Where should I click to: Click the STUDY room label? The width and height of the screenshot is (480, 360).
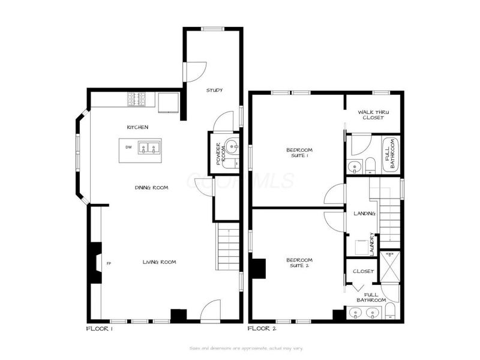pyautogui.click(x=214, y=90)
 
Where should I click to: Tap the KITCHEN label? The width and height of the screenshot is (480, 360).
pyautogui.click(x=137, y=127)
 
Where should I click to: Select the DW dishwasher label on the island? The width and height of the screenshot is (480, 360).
pyautogui.click(x=128, y=147)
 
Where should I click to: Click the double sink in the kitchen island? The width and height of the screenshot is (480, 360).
pyautogui.click(x=148, y=147)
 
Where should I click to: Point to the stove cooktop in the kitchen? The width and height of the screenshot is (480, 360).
pyautogui.click(x=136, y=98)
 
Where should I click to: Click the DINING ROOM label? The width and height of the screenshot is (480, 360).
pyautogui.click(x=151, y=188)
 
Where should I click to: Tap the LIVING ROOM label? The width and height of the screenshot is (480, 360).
pyautogui.click(x=159, y=262)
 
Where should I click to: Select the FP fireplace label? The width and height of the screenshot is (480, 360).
pyautogui.click(x=109, y=263)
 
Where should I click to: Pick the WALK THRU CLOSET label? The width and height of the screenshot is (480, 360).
pyautogui.click(x=371, y=115)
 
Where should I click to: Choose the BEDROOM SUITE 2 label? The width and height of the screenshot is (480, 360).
pyautogui.click(x=298, y=262)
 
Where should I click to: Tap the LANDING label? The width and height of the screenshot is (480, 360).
pyautogui.click(x=364, y=213)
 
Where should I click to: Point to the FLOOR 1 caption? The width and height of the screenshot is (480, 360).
pyautogui.click(x=100, y=329)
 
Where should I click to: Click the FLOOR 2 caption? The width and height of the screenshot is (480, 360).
pyautogui.click(x=262, y=329)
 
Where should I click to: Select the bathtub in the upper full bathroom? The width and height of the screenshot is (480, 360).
pyautogui.click(x=391, y=155)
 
